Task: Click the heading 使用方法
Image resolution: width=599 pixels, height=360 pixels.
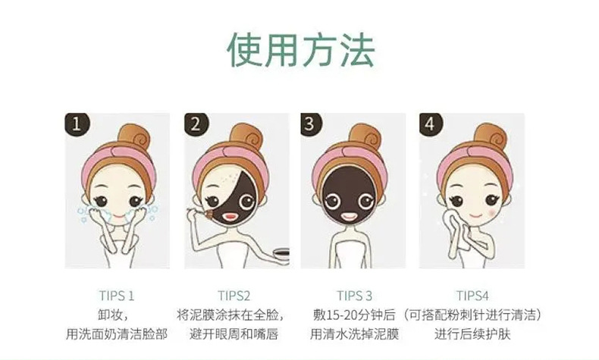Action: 299,50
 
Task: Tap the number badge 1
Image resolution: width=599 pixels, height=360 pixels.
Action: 76,124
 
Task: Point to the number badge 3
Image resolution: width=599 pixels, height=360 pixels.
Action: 310,124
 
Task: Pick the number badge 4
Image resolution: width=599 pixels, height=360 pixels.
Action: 431,124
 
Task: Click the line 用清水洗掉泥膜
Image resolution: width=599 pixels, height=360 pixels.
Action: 353,334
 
